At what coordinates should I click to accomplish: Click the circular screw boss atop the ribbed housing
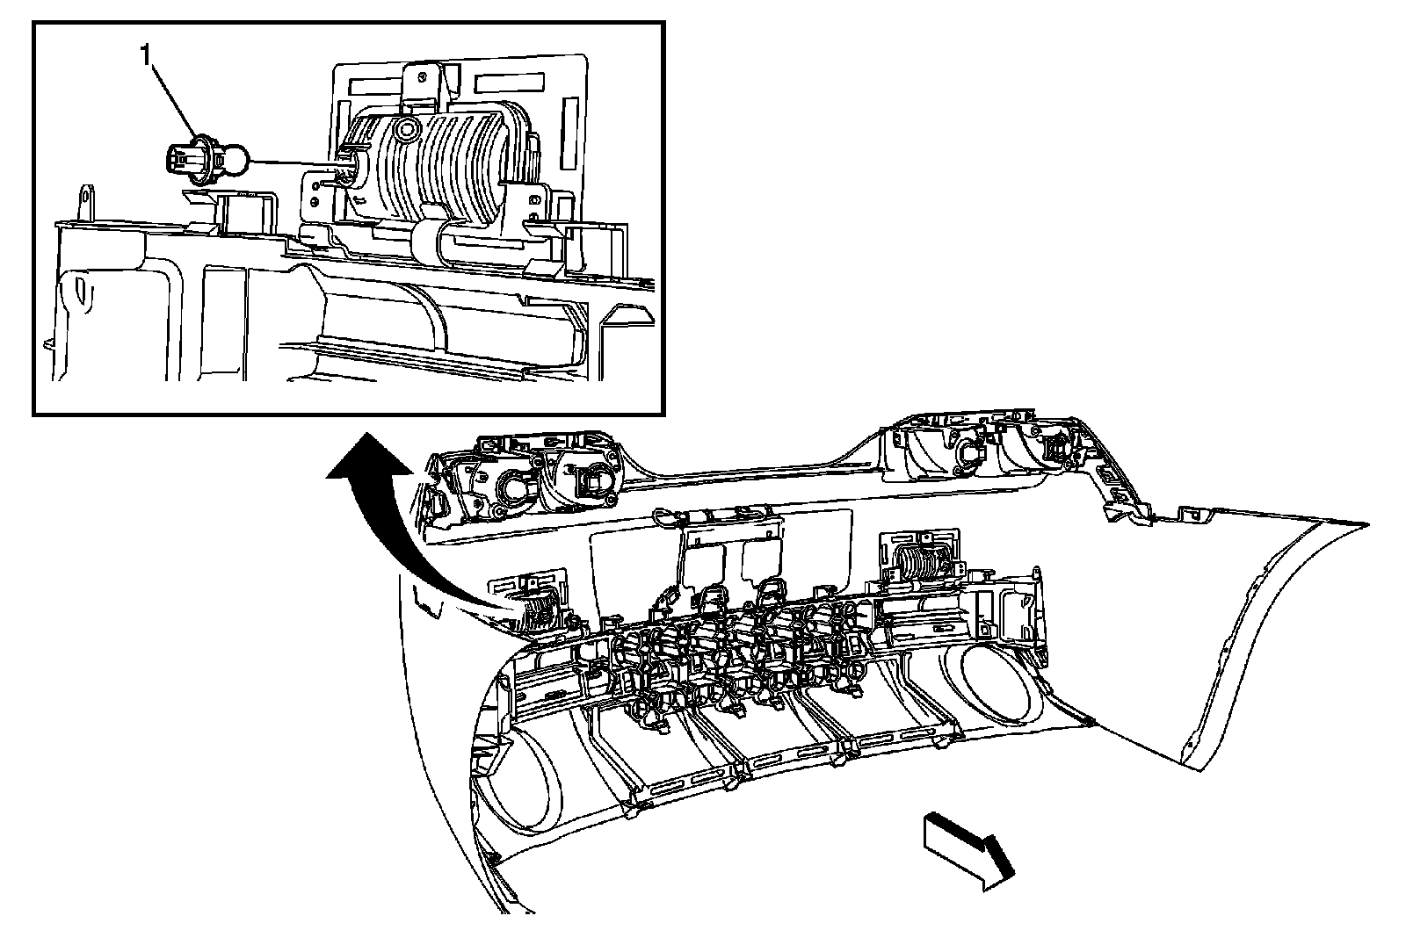[405, 131]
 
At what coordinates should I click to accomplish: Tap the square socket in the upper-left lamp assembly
[594, 480]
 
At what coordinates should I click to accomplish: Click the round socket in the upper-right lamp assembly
[973, 451]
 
